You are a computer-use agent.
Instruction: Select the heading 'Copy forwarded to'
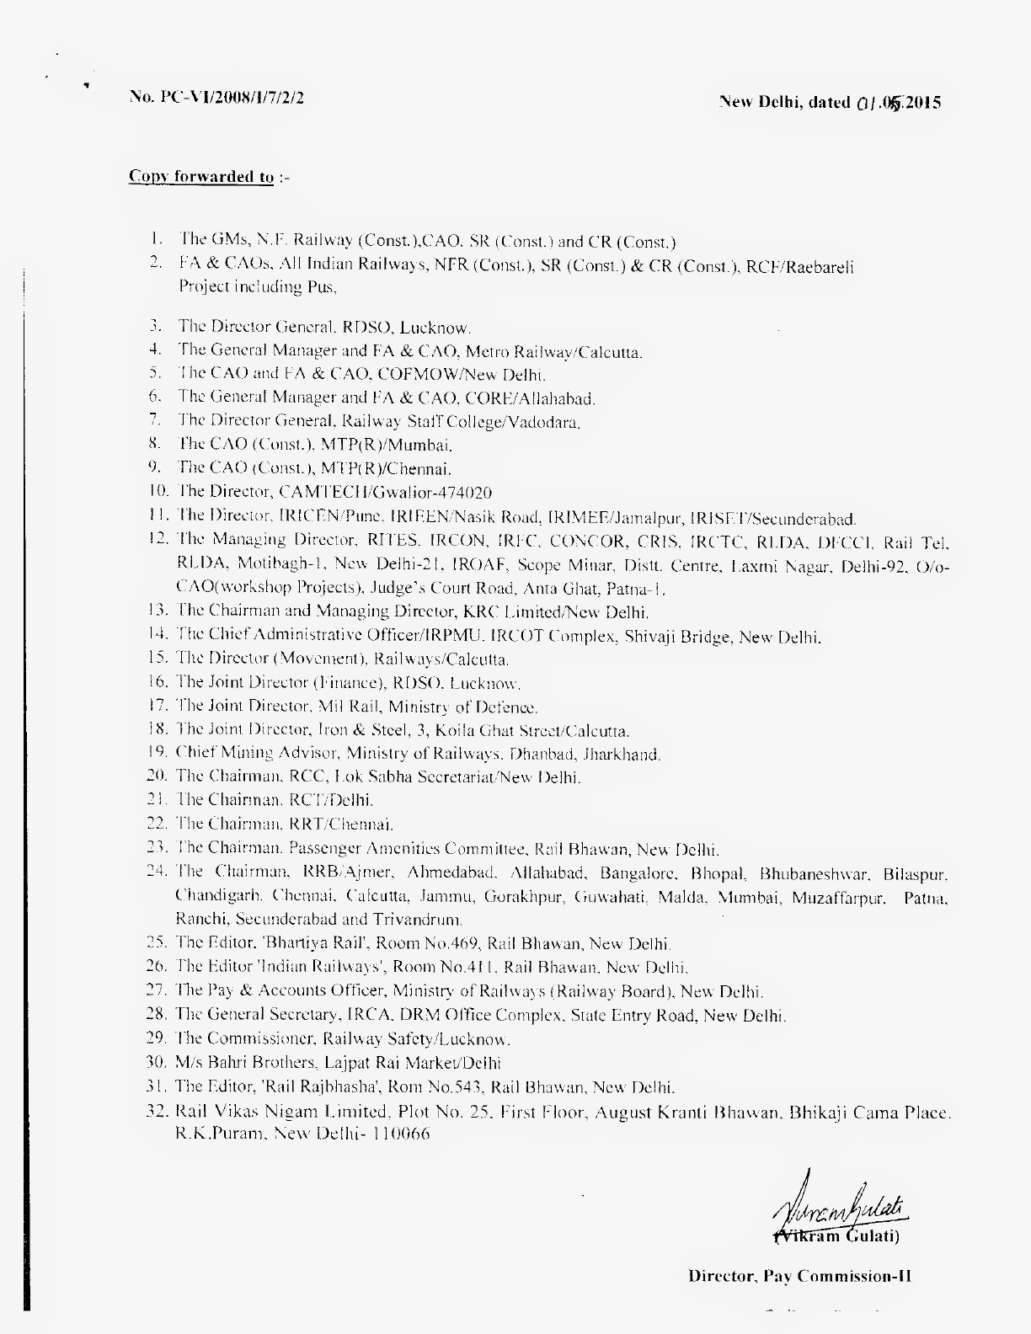click(x=200, y=177)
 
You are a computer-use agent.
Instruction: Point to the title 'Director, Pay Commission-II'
click(x=799, y=1276)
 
